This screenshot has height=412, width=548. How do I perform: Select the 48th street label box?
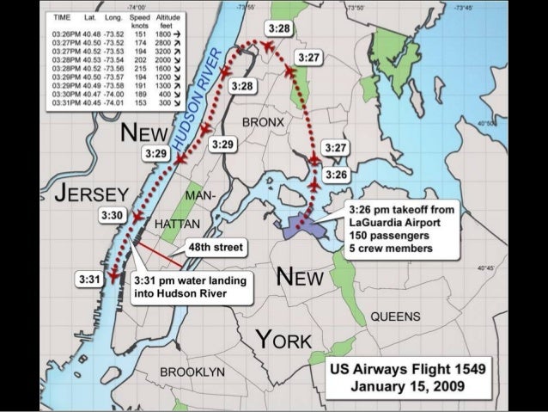216,247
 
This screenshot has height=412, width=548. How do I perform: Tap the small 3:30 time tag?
113,214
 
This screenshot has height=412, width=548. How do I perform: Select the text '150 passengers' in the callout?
387,236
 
